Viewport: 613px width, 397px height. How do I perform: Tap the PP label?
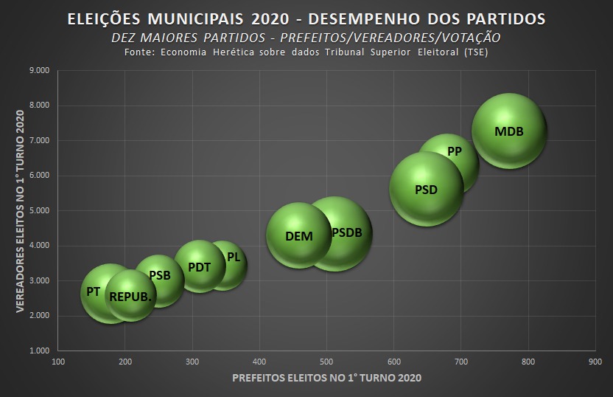[x=455, y=151]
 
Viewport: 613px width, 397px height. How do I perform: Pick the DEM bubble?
[x=298, y=235]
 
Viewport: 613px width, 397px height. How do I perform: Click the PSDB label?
[x=346, y=232]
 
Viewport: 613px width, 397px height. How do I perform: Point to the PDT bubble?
[x=200, y=266]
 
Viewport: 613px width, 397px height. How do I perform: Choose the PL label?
[x=234, y=258]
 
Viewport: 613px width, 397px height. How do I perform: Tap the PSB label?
[x=160, y=275]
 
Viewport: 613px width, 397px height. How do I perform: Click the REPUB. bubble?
[x=130, y=296]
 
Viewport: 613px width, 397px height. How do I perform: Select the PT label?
[x=93, y=291]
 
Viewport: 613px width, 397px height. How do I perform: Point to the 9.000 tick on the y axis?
[x=39, y=70]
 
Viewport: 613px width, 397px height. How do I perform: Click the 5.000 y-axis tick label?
[x=39, y=210]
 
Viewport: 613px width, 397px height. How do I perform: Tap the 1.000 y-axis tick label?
[x=39, y=351]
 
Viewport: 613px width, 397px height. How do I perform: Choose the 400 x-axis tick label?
[x=259, y=362]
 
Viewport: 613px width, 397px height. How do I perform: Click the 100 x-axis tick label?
[x=58, y=362]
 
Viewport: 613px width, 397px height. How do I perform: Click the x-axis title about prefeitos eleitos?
[x=326, y=378]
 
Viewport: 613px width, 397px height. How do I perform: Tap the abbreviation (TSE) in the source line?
[x=474, y=53]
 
